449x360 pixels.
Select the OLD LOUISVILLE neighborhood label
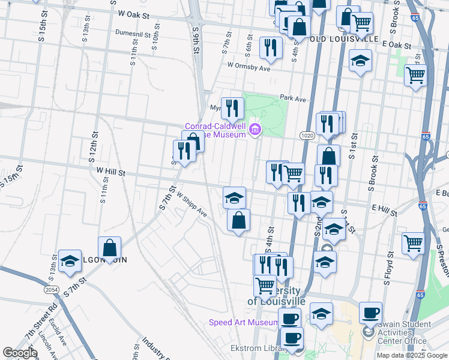pyautogui.click(x=345, y=39)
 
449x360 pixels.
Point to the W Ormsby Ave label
pyautogui.click(x=249, y=67)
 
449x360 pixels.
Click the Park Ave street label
pyautogui.click(x=293, y=98)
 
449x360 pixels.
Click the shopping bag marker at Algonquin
pyautogui.click(x=109, y=247)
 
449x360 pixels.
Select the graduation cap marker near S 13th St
pyautogui.click(x=70, y=260)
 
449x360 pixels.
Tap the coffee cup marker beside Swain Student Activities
pyautogui.click(x=370, y=313)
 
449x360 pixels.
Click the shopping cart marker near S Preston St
pyautogui.click(x=413, y=244)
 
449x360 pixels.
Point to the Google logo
pyautogui.click(x=20, y=353)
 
